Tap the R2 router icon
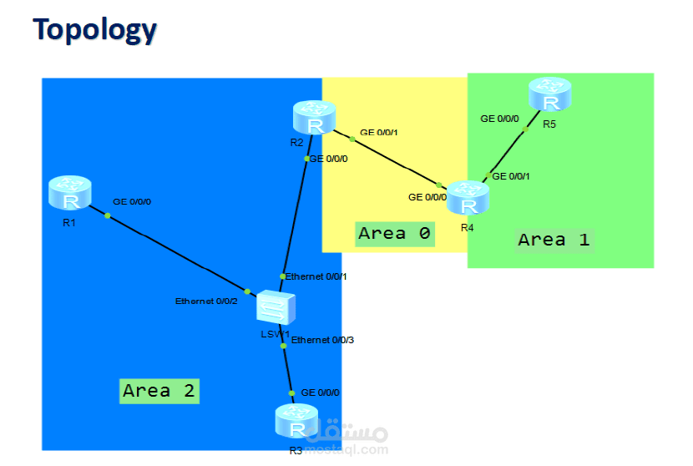click(x=314, y=119)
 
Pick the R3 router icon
click(x=296, y=422)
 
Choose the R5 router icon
click(x=549, y=95)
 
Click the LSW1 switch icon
click(x=276, y=308)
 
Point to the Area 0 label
click(x=394, y=234)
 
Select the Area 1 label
click(x=554, y=240)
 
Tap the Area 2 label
click(x=159, y=390)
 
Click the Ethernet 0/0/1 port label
click(x=316, y=276)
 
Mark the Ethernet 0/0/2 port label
click(x=207, y=301)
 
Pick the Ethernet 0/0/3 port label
click(x=323, y=340)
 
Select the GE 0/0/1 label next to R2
click(x=379, y=133)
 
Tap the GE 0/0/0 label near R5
click(x=499, y=119)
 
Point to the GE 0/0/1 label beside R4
click(x=511, y=176)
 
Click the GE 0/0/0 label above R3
click(x=321, y=392)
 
